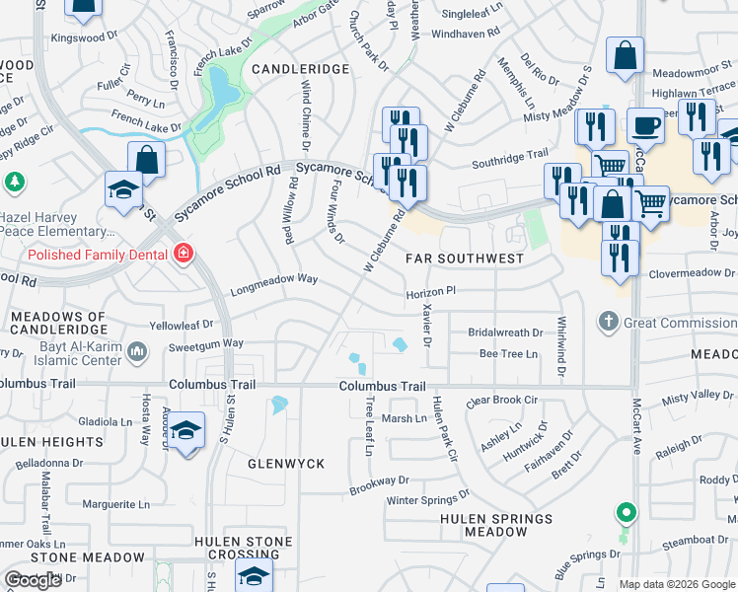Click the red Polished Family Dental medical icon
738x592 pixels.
click(182, 255)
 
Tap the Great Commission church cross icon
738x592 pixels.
click(609, 322)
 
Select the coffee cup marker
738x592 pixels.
click(645, 125)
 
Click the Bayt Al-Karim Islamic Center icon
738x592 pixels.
click(137, 350)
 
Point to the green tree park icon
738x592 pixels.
click(14, 182)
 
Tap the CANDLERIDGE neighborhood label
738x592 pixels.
click(300, 69)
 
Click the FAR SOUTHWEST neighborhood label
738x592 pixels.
click(465, 259)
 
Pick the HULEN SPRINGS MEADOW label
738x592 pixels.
click(496, 525)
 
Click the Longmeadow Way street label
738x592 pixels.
click(274, 279)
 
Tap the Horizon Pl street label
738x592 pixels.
click(430, 292)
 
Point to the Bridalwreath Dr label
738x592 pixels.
click(505, 333)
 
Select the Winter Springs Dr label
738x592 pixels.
click(428, 500)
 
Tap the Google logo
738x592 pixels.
click(34, 580)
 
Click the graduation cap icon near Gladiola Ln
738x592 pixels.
click(184, 430)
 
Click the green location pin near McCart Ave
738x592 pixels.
click(624, 513)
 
